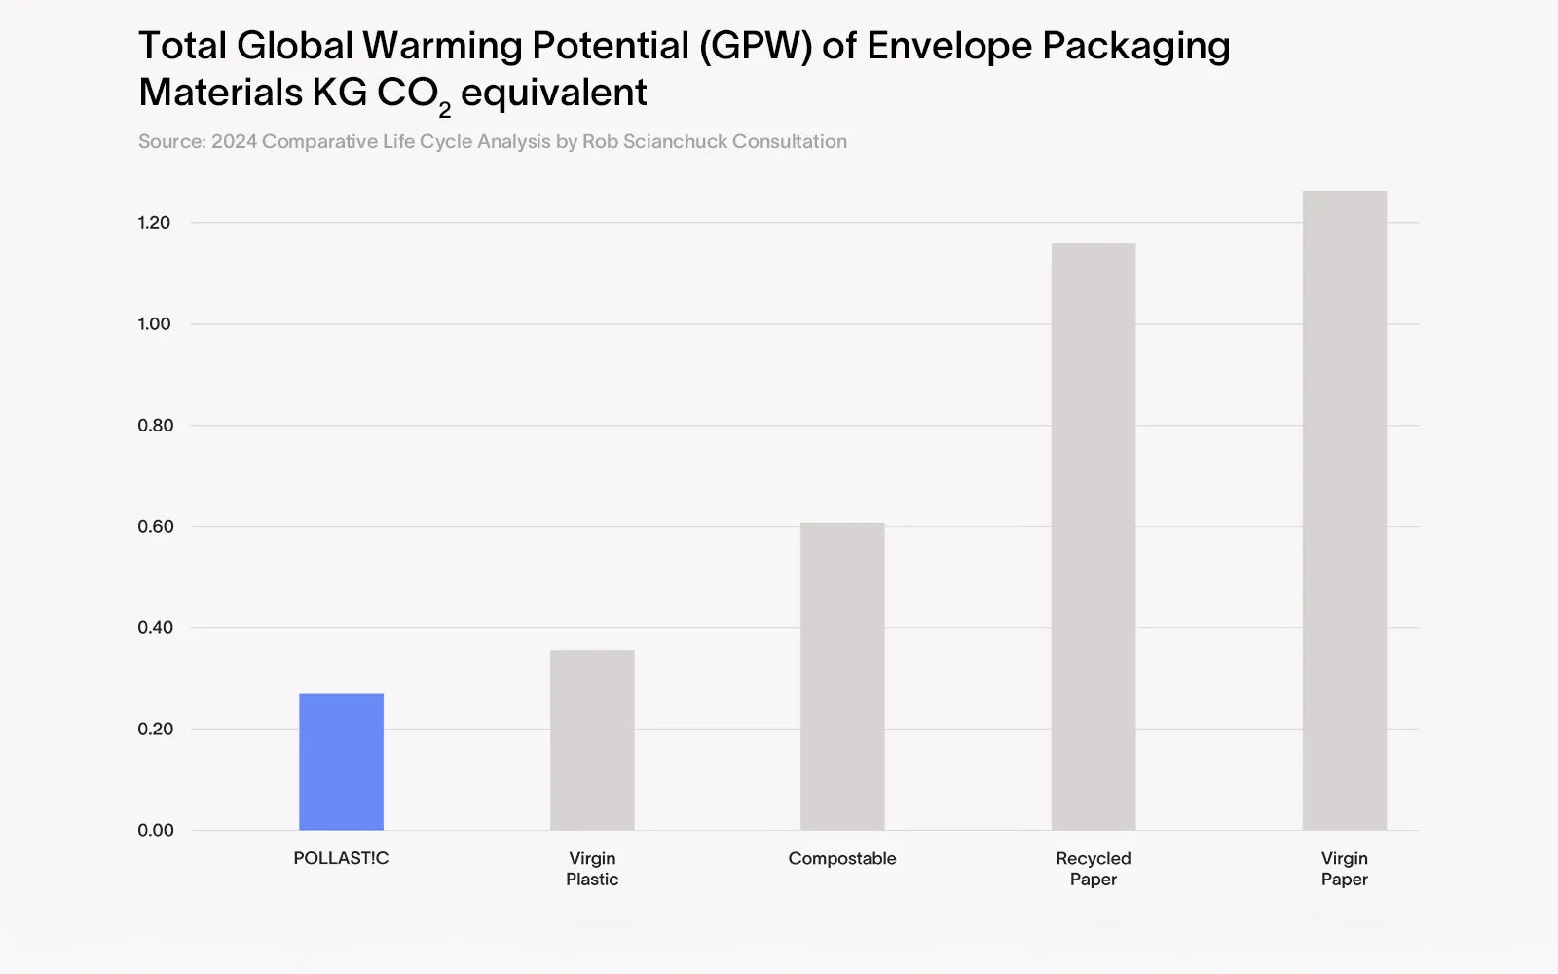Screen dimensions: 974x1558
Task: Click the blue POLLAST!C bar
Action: point(341,762)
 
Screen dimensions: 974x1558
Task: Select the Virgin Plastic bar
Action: point(592,740)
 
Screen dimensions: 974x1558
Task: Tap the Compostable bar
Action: point(842,677)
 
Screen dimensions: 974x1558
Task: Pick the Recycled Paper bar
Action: point(1094,536)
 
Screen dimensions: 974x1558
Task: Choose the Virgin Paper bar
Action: point(1345,510)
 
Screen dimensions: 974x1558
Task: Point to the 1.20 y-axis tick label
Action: point(154,223)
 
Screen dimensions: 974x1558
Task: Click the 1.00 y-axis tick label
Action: point(154,324)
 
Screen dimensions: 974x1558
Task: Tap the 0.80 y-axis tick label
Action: point(155,426)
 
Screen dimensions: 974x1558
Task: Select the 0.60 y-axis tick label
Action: point(155,527)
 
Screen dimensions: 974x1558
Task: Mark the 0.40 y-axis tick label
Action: point(155,628)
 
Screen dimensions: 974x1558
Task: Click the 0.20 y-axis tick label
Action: point(155,730)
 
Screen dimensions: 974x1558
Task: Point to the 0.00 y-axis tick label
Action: point(155,831)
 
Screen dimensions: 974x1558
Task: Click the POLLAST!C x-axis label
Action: point(341,858)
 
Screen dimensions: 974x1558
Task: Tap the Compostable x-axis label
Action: point(842,858)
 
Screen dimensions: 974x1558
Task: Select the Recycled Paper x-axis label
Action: point(1094,869)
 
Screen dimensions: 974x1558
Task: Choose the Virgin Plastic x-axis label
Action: point(592,869)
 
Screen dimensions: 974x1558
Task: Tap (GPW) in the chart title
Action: point(755,47)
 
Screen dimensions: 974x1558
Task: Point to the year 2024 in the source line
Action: point(234,142)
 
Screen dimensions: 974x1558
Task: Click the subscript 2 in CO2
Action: point(445,110)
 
